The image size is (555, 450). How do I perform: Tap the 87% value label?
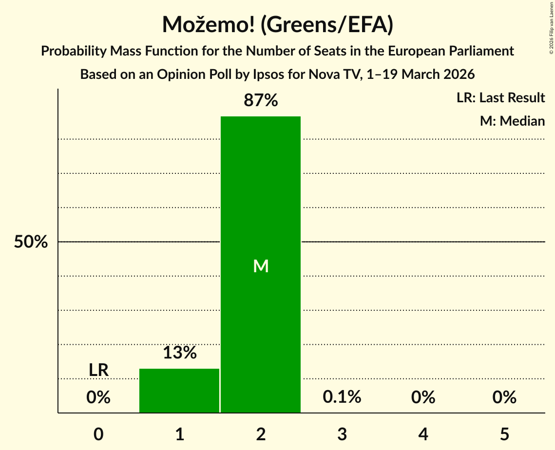coord(261,101)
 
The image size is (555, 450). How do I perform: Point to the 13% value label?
coord(179,353)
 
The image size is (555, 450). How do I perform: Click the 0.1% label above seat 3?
coord(342,397)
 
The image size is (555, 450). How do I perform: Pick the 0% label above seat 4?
coord(423,397)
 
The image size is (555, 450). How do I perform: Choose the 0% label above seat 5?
coord(504,397)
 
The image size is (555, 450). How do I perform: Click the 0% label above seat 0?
coord(98,397)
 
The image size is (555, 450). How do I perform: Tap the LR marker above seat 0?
coord(98,370)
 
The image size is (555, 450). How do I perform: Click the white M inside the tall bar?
coord(261,266)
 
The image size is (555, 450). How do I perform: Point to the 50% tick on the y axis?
coord(31,242)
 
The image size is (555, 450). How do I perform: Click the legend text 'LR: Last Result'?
coord(500,98)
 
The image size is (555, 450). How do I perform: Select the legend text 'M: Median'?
coord(512,121)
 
